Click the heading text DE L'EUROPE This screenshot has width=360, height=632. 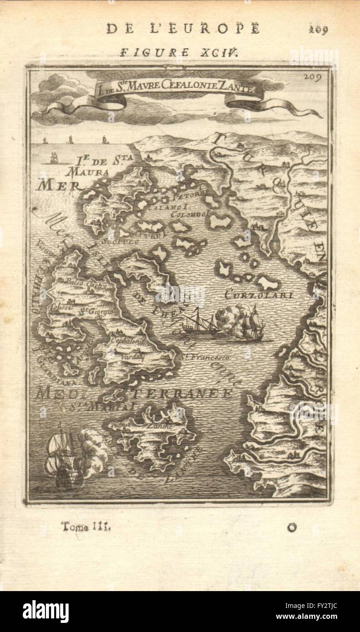click(183, 28)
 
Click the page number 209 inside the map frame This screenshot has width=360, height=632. click(313, 76)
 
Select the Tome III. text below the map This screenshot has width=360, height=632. click(85, 527)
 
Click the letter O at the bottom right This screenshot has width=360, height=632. click(292, 527)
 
